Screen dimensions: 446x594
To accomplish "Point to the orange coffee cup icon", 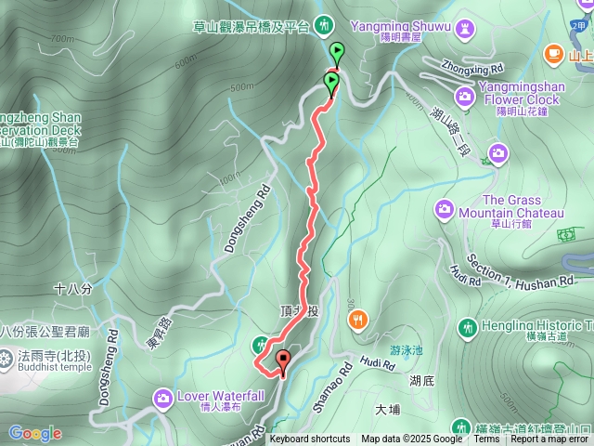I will pyautogui.click(x=554, y=53).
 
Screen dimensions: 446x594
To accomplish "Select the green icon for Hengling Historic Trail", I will pyautogui.click(x=467, y=326).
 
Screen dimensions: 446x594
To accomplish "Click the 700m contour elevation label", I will pyautogui.click(x=62, y=39).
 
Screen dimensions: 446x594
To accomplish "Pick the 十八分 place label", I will pyautogui.click(x=73, y=289).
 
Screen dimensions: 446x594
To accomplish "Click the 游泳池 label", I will pyautogui.click(x=406, y=350).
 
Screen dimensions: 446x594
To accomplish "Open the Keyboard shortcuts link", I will pyautogui.click(x=309, y=439).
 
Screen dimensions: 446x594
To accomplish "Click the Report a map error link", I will pyautogui.click(x=549, y=439).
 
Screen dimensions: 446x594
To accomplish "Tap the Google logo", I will pyautogui.click(x=35, y=433).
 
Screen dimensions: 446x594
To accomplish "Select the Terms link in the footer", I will pyautogui.click(x=486, y=439).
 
